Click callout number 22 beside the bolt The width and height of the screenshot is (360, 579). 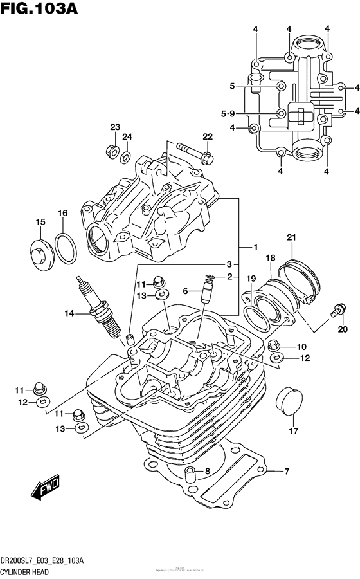pos(207,136)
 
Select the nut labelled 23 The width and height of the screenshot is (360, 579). pos(111,152)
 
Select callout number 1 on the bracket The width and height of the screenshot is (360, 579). pos(255,247)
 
